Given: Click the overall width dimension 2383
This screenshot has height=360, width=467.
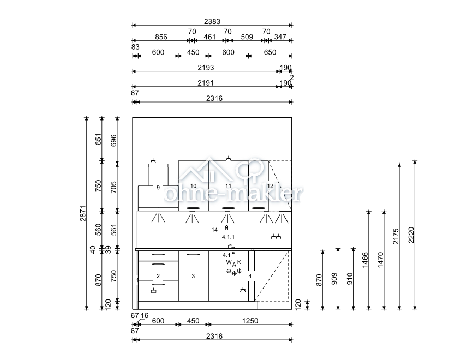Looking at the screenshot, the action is click(212, 21).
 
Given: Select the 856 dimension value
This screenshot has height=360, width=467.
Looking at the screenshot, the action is click(161, 37).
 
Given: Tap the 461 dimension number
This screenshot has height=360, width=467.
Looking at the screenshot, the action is click(209, 37).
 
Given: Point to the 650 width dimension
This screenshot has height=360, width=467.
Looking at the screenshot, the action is click(270, 52).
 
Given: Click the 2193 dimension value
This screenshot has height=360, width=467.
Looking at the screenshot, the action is click(206, 68).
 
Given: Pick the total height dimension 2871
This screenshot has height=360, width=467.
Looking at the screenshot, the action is click(83, 213).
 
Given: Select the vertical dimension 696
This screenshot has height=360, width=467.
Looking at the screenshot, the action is click(114, 141).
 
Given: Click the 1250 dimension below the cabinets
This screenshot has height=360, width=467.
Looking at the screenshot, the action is click(250, 321).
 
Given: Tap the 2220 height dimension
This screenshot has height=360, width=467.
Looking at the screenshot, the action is click(411, 235).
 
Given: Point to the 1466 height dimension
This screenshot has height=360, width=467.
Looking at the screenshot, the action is click(365, 260).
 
